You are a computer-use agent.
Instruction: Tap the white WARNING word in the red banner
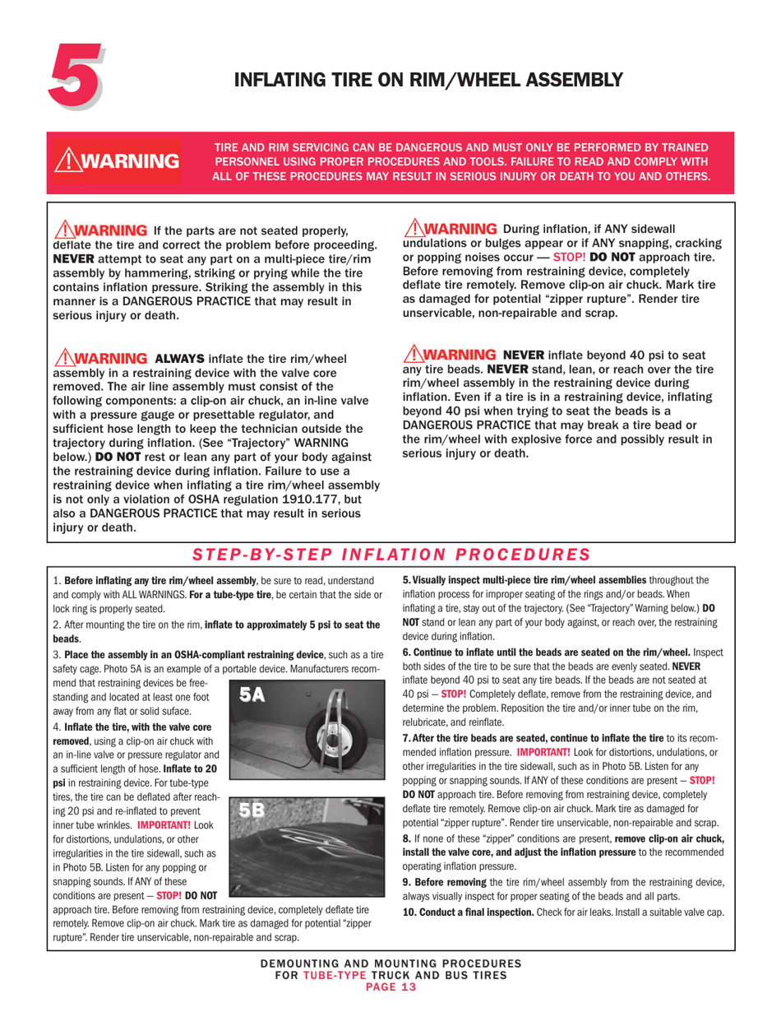pyautogui.click(x=133, y=160)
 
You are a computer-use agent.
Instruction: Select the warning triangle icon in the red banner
pyautogui.click(x=67, y=159)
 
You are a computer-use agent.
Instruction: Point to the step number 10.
pyautogui.click(x=409, y=913)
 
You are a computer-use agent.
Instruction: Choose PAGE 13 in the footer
pyautogui.click(x=390, y=987)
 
